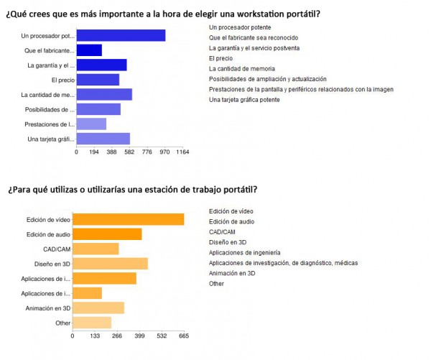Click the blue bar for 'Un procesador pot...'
(x=121, y=36)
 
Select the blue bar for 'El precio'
(x=98, y=80)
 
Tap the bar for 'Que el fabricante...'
(x=89, y=50)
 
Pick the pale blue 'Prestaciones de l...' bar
(x=91, y=124)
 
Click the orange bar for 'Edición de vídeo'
(x=128, y=219)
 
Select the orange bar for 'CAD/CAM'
(x=96, y=249)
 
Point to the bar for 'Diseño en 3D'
(x=110, y=264)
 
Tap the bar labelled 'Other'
(x=92, y=323)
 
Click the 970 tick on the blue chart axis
(x=164, y=152)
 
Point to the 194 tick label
(x=94, y=152)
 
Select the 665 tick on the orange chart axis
(x=184, y=336)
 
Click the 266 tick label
(x=116, y=336)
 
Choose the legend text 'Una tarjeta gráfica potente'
(x=244, y=99)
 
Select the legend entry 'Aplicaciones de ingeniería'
(x=244, y=252)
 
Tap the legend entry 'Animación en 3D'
(x=231, y=273)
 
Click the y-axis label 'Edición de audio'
(x=48, y=234)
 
